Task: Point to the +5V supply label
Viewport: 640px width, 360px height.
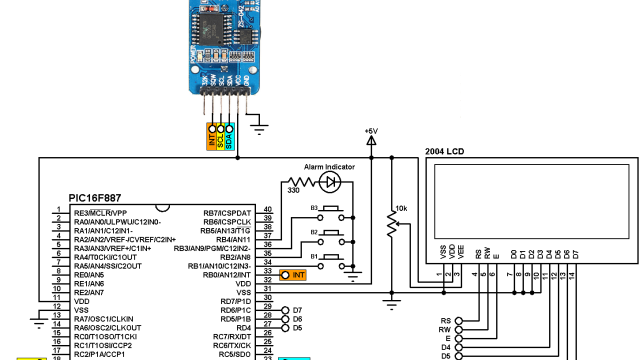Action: pyautogui.click(x=371, y=131)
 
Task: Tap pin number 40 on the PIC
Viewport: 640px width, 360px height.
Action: pyautogui.click(x=267, y=212)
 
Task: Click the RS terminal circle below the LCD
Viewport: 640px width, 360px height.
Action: pyautogui.click(x=459, y=320)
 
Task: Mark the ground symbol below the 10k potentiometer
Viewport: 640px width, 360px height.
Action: pyautogui.click(x=392, y=294)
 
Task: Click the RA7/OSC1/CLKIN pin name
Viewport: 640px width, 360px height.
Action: pyautogui.click(x=109, y=319)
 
